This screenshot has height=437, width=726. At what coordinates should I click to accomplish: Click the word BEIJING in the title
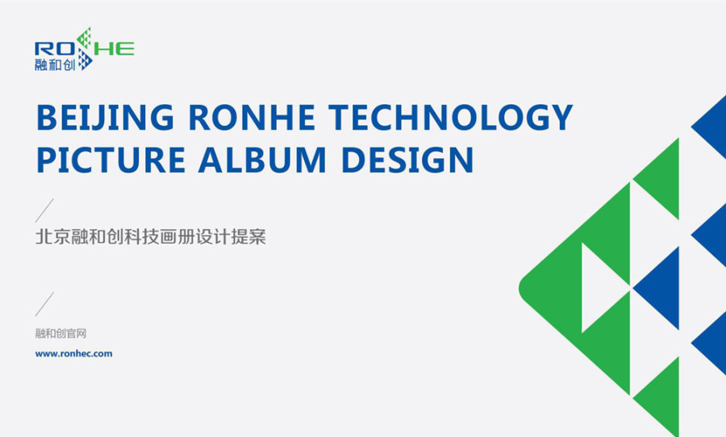point(105,118)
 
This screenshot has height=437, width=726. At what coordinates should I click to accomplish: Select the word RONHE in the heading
point(252,118)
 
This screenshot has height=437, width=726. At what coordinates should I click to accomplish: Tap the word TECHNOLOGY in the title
point(451,118)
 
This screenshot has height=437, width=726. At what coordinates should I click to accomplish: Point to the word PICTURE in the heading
point(111,160)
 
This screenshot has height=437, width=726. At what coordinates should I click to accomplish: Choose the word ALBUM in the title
point(263,160)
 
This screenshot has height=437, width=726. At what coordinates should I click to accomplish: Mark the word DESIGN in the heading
point(407,160)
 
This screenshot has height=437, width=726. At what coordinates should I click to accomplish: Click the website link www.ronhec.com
point(73,354)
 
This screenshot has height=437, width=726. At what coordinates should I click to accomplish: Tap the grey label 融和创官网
point(60,333)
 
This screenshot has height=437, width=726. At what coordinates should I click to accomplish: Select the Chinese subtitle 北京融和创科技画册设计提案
point(151,236)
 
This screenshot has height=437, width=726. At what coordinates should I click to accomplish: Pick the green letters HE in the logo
point(115,48)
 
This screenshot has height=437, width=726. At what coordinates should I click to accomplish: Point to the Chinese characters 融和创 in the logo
point(55,65)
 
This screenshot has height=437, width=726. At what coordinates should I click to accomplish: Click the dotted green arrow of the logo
point(84,38)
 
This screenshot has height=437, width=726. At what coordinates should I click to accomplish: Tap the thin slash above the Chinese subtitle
point(44,210)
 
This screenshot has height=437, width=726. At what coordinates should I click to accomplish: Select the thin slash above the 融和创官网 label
point(44,304)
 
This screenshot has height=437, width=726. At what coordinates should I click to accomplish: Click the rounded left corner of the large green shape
point(521,288)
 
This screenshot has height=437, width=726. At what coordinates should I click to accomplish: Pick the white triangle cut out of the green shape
point(599,288)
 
